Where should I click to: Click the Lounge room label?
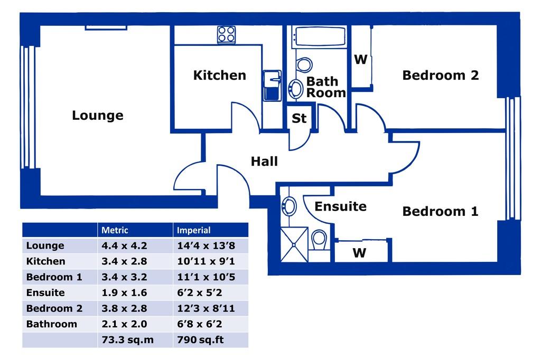tap(98, 115)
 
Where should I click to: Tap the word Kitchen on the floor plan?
tap(219, 75)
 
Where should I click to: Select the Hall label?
tap(264, 161)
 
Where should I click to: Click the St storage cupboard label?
tap(299, 118)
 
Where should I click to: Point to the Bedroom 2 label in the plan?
tap(441, 75)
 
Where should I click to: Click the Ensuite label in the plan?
tap(340, 206)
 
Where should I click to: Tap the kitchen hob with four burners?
tap(226, 35)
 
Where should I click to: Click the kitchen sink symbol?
tap(272, 86)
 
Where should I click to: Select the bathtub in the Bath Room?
tap(319, 36)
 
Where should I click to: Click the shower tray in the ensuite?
tap(294, 244)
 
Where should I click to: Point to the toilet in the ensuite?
tap(319, 240)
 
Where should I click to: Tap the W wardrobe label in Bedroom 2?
tap(360, 59)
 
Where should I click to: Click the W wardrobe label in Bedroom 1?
tap(359, 253)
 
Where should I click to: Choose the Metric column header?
tap(115, 230)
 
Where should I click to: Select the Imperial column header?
tap(193, 230)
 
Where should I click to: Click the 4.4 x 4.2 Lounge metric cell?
tap(124, 245)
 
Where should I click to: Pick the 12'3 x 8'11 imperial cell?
tap(206, 308)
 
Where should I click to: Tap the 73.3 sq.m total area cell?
tap(127, 339)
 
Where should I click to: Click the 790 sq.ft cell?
tap(200, 339)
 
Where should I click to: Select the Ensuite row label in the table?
tap(45, 292)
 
